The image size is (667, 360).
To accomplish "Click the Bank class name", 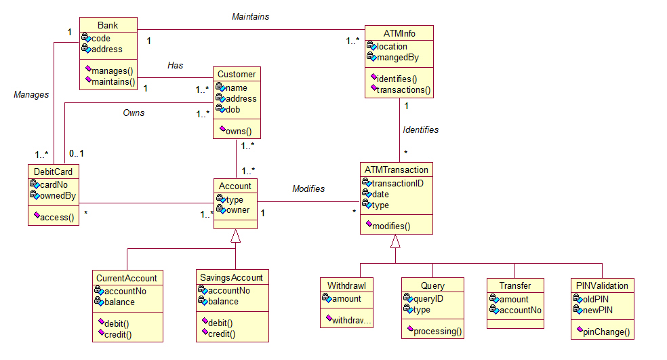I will click(108, 25).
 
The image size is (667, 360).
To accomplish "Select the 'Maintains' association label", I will click(250, 16).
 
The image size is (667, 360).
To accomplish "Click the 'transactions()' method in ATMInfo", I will click(404, 89).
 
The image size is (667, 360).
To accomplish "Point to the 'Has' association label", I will click(176, 65).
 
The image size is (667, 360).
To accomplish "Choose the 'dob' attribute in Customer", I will click(234, 109).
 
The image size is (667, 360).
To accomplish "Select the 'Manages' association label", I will click(31, 95).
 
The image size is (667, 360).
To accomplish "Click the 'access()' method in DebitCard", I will click(58, 217).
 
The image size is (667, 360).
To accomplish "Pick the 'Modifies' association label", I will click(308, 188).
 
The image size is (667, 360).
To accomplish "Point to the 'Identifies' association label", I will click(420, 129).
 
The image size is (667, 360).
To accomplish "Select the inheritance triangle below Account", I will click(235, 236).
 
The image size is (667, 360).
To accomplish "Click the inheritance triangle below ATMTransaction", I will click(395, 241).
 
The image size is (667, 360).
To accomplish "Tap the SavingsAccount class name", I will click(231, 278).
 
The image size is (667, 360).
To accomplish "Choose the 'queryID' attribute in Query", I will click(428, 298).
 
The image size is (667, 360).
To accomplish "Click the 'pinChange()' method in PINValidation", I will click(607, 332).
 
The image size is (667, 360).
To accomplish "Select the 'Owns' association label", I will click(134, 113).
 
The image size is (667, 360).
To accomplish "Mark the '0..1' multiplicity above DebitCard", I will click(77, 154).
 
